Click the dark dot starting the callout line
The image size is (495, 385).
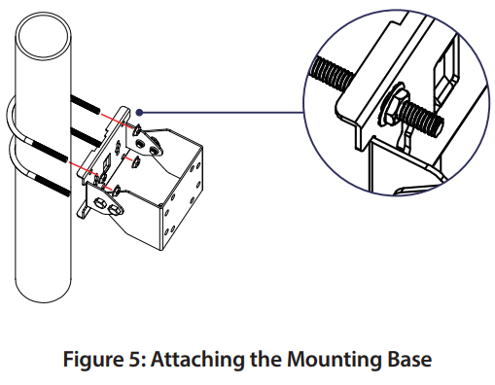142,112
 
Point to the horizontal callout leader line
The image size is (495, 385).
224,112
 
